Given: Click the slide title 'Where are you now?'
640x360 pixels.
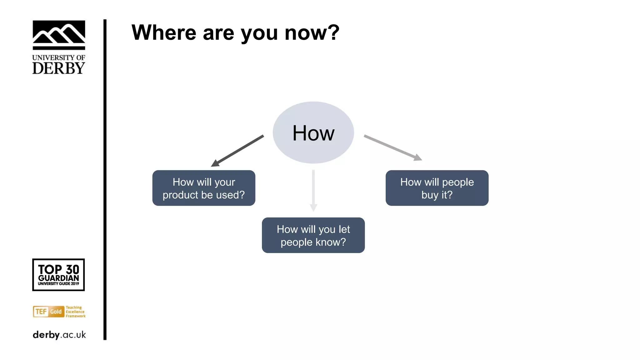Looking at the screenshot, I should pyautogui.click(x=235, y=32).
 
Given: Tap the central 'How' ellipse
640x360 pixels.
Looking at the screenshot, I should pyautogui.click(x=313, y=132).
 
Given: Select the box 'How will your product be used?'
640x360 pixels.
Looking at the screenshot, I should pyautogui.click(x=204, y=188).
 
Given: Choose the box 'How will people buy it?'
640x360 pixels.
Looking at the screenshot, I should pyautogui.click(x=437, y=188).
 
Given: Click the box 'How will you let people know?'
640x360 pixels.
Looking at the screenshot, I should pyautogui.click(x=313, y=235).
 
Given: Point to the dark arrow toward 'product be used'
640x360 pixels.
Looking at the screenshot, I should pyautogui.click(x=237, y=151).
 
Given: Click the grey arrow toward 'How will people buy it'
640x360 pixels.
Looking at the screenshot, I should pyautogui.click(x=392, y=147).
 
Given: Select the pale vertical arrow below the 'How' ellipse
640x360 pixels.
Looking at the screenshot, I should pyautogui.click(x=313, y=191).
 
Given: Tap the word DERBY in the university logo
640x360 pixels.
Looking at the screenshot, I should pyautogui.click(x=59, y=68).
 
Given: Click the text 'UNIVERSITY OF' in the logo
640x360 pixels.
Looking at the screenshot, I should pyautogui.click(x=59, y=57).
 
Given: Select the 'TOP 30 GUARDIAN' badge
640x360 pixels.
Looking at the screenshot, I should pyautogui.click(x=58, y=274).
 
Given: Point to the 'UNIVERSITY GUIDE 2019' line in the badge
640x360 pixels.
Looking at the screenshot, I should pyautogui.click(x=58, y=284).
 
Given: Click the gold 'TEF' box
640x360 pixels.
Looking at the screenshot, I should pyautogui.click(x=41, y=312).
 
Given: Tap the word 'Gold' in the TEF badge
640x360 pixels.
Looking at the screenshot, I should pyautogui.click(x=56, y=312).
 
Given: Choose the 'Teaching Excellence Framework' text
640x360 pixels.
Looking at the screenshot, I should pyautogui.click(x=75, y=312).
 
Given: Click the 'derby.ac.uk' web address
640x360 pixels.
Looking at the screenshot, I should pyautogui.click(x=59, y=335).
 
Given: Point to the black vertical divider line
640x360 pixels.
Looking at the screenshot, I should pyautogui.click(x=105, y=180).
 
